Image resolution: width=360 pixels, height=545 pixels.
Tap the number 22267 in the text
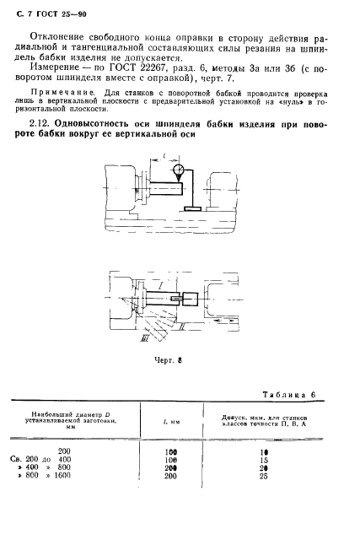pos(155,74)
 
